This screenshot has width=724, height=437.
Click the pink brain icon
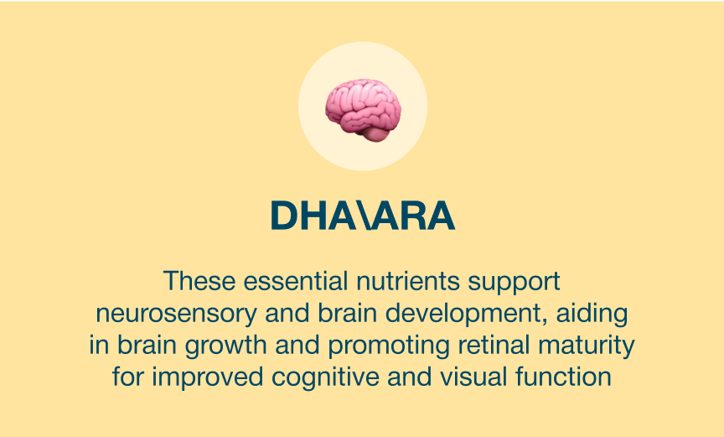click(x=363, y=110)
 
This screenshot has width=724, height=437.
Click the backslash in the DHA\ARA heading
click(x=363, y=216)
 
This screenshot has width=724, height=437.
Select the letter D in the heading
click(x=283, y=216)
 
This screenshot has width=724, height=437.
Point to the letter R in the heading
click(x=411, y=216)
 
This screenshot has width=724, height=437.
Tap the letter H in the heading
click(x=314, y=216)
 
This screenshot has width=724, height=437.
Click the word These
click(x=199, y=281)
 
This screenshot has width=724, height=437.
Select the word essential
click(x=296, y=281)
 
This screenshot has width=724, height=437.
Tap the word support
click(x=514, y=283)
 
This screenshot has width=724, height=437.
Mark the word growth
click(x=225, y=346)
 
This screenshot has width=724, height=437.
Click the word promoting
click(x=389, y=346)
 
